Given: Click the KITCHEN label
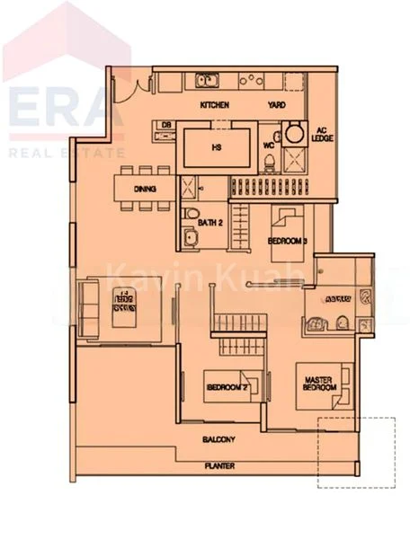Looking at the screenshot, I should (215, 105).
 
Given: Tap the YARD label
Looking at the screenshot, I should (276, 105).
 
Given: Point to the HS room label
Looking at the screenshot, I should (216, 147).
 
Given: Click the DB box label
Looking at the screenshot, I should (165, 124).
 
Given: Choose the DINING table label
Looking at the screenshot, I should (145, 190).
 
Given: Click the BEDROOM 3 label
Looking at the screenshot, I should (289, 242).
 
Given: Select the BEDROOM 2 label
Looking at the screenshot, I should (226, 387).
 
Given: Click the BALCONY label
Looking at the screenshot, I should (218, 439).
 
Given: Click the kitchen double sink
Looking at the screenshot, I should (206, 82).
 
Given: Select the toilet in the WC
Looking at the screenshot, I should (271, 163).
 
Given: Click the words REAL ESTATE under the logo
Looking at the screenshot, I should (67, 154).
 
